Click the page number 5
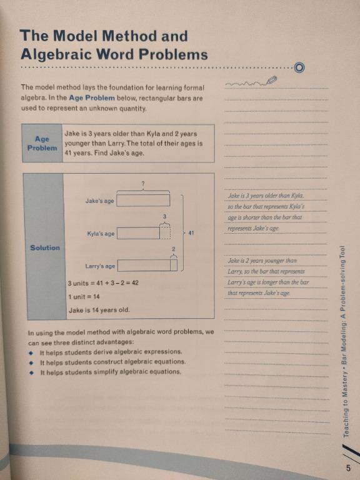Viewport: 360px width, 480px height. pyautogui.click(x=348, y=467)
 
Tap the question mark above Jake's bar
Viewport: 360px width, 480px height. pyautogui.click(x=143, y=183)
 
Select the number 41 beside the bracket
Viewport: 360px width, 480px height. pyautogui.click(x=191, y=232)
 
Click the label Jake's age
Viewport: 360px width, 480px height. pyautogui.click(x=100, y=201)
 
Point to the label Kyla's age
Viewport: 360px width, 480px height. pyautogui.click(x=101, y=234)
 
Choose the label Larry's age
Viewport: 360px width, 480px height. pyautogui.click(x=100, y=266)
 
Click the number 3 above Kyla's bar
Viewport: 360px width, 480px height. pyautogui.click(x=164, y=216)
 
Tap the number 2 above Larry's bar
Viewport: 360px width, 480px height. pyautogui.click(x=174, y=249)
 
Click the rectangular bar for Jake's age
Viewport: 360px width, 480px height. pyautogui.click(x=143, y=201)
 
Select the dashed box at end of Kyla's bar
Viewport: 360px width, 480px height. pyautogui.click(x=164, y=233)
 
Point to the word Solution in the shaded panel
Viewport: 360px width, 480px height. pyautogui.click(x=45, y=248)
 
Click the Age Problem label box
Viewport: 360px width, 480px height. pyautogui.click(x=42, y=144)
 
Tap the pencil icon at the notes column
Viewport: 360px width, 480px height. pyautogui.click(x=271, y=79)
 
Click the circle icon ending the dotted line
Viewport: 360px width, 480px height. pyautogui.click(x=299, y=67)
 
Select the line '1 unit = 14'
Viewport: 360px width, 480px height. pyautogui.click(x=84, y=296)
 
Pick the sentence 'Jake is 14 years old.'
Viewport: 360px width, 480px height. pyautogui.click(x=99, y=310)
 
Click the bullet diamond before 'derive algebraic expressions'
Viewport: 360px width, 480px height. pyautogui.click(x=31, y=352)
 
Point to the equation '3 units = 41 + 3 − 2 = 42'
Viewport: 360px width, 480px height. pyautogui.click(x=103, y=283)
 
